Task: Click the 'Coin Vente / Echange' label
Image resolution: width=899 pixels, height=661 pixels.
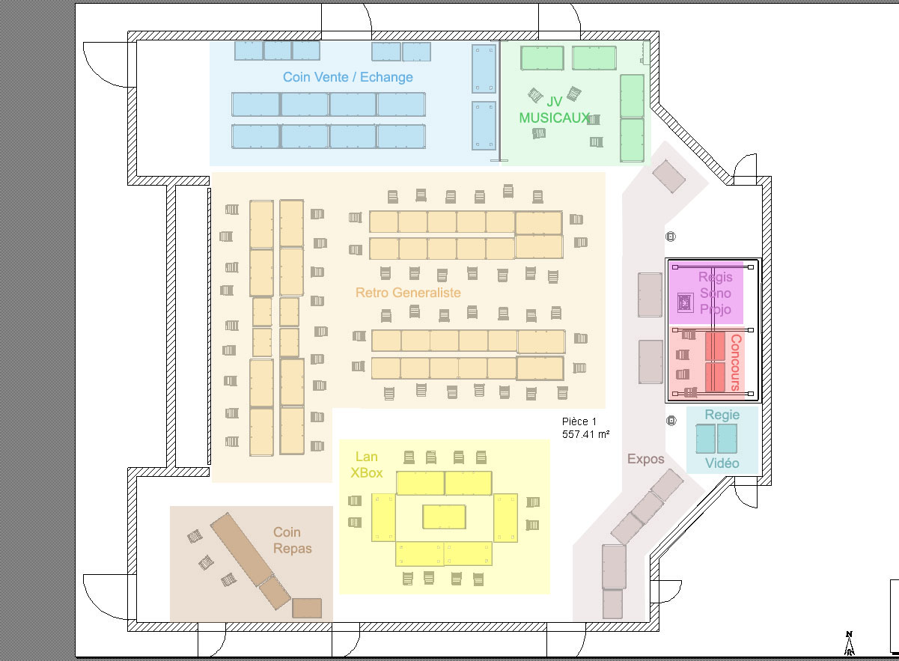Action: click(347, 77)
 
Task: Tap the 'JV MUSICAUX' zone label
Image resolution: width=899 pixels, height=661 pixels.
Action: click(554, 110)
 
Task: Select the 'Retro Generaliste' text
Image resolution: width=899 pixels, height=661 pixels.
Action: click(408, 293)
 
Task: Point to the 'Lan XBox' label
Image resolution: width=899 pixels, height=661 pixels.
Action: click(367, 465)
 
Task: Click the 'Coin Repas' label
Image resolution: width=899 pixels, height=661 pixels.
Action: click(292, 540)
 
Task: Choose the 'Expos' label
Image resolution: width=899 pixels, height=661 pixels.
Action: click(646, 459)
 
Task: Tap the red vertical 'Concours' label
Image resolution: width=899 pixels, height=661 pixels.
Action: click(735, 362)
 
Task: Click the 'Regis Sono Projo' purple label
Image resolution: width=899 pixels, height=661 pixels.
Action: click(715, 293)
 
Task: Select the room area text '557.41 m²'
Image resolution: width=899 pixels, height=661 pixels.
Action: click(586, 434)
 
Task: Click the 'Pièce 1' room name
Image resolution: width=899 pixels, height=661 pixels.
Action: click(579, 421)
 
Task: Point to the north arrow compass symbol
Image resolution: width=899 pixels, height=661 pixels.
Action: click(849, 643)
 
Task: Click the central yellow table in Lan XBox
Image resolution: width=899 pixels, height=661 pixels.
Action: click(444, 517)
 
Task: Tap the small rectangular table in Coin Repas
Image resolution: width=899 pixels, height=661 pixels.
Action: click(307, 608)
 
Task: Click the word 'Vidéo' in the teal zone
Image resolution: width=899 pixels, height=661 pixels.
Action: click(722, 463)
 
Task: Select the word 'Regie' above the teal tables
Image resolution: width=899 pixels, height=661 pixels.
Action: click(722, 415)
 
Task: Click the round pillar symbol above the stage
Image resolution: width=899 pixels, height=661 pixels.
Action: click(671, 237)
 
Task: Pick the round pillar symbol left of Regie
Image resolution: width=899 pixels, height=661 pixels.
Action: click(671, 421)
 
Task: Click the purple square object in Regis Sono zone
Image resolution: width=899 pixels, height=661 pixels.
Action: click(685, 302)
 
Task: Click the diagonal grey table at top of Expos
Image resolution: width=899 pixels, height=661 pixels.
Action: click(668, 176)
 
